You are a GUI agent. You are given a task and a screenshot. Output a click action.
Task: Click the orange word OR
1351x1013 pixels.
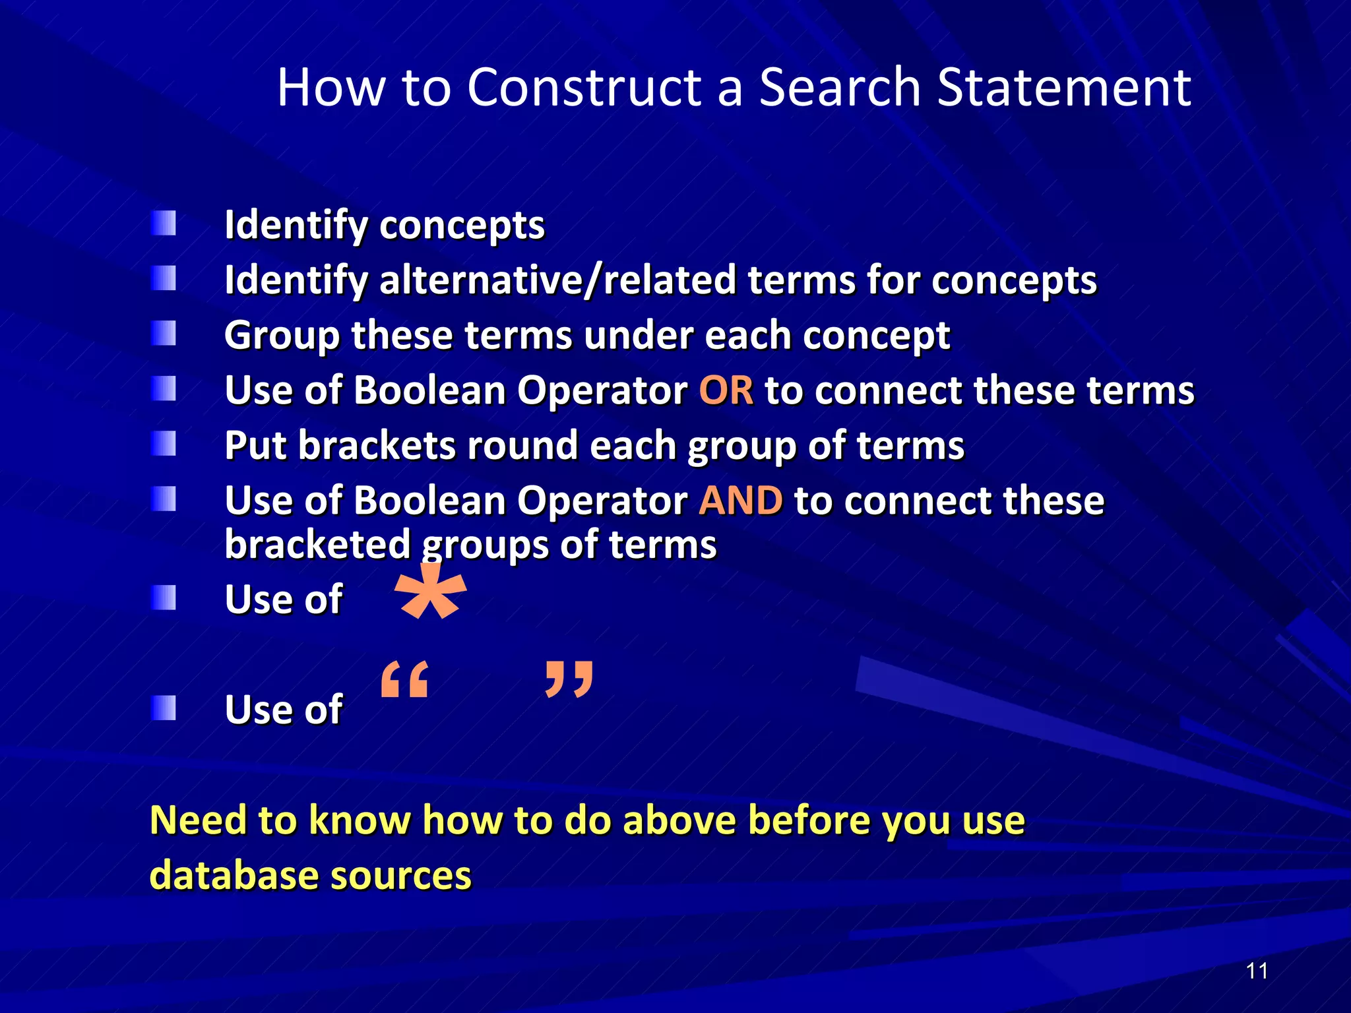pyautogui.click(x=726, y=390)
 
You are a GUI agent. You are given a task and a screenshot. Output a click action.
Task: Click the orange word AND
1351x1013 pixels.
pyautogui.click(x=741, y=501)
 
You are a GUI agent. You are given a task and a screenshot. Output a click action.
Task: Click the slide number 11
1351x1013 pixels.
pyautogui.click(x=1257, y=971)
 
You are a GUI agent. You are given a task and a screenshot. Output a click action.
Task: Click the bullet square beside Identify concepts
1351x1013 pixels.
pyautogui.click(x=164, y=224)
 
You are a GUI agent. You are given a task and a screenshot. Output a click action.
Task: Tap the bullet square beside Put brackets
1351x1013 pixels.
pyautogui.click(x=164, y=444)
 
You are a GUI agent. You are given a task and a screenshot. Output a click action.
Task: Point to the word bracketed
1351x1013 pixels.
pyautogui.click(x=317, y=545)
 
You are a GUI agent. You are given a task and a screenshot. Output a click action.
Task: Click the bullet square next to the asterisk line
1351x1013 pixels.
pyautogui.click(x=164, y=598)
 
